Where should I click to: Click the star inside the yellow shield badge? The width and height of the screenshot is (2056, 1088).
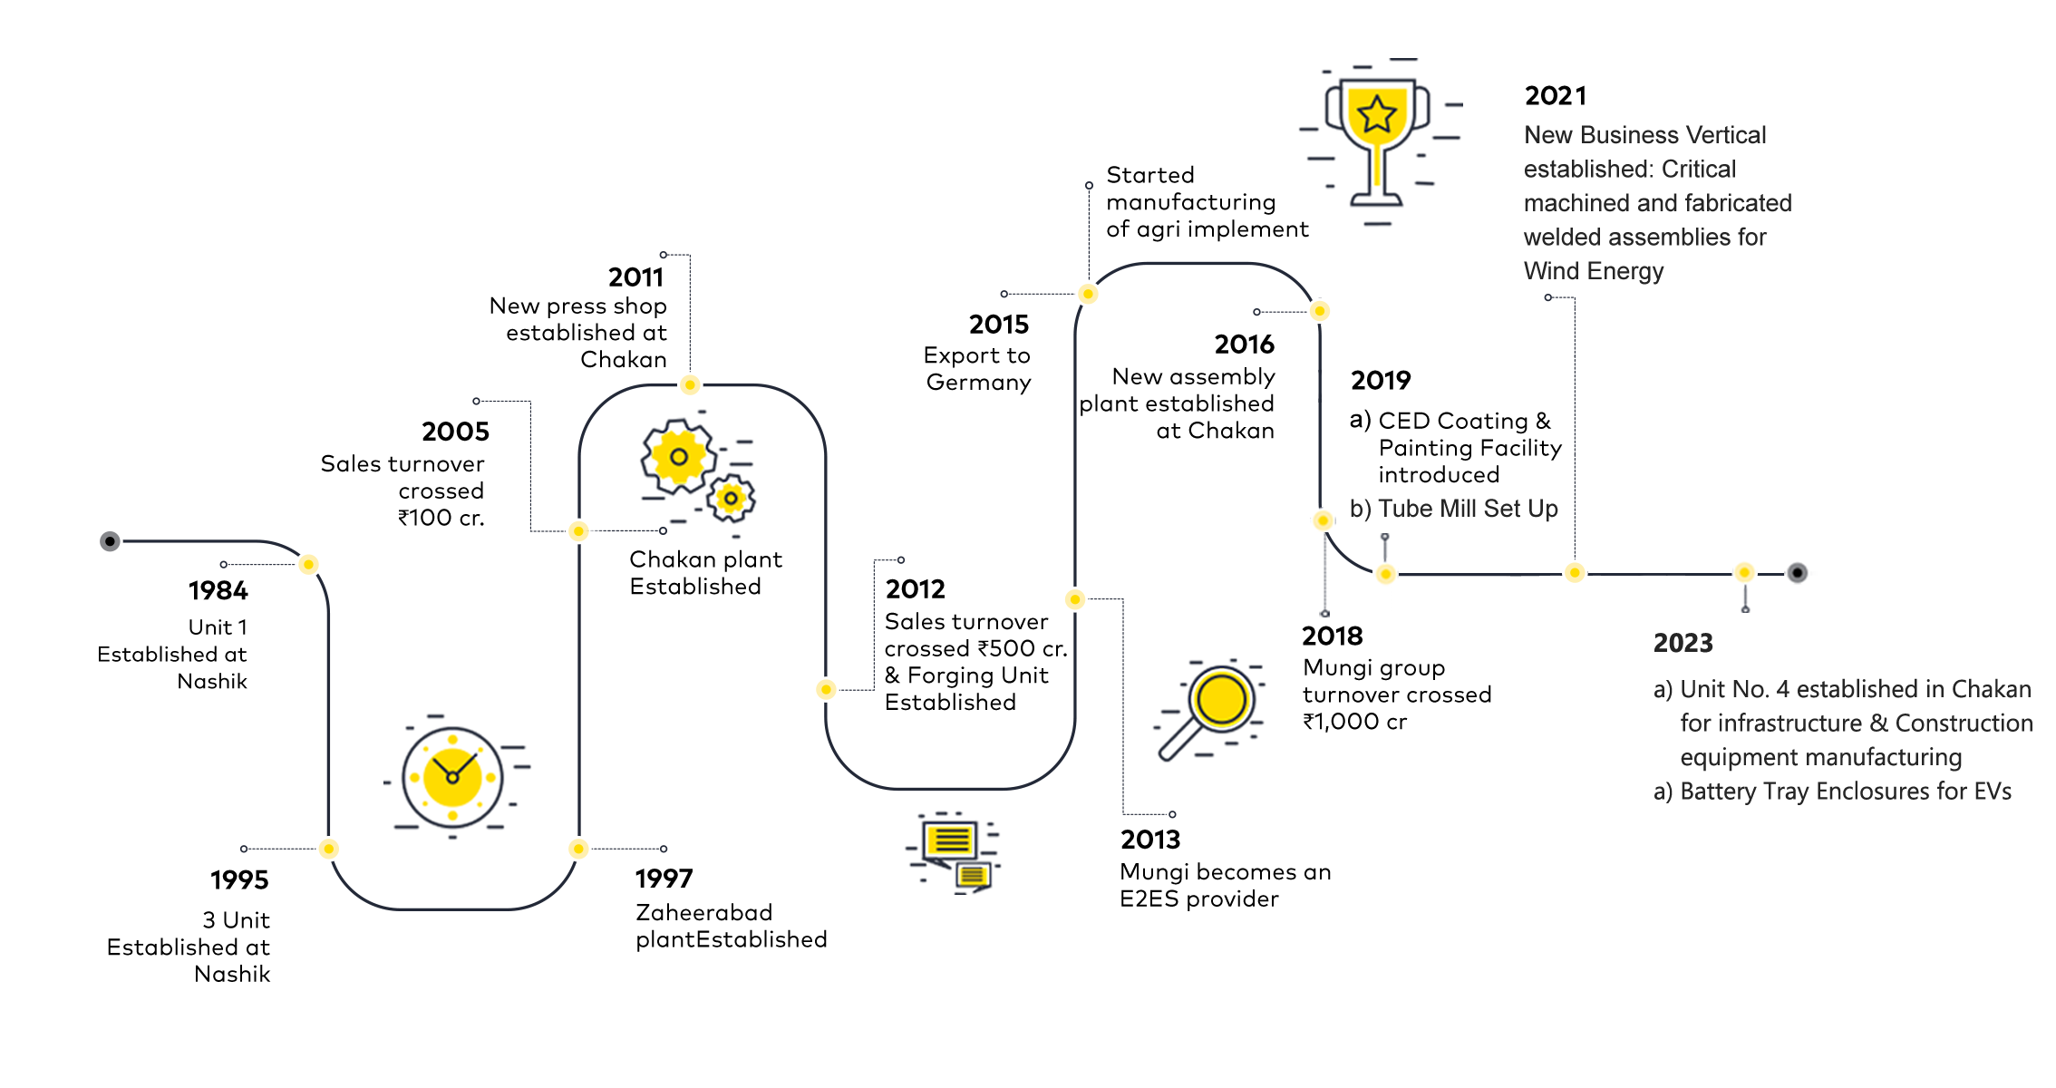[x=1377, y=114]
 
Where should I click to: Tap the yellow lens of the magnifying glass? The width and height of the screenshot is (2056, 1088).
[x=1221, y=699]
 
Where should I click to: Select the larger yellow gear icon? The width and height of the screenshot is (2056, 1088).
[x=678, y=456]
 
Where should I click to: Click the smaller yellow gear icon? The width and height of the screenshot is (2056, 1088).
[x=731, y=498]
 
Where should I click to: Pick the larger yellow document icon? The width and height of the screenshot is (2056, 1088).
[x=949, y=840]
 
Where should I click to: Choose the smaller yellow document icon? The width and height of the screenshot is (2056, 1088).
[x=973, y=875]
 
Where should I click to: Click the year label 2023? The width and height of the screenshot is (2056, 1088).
[x=1683, y=644]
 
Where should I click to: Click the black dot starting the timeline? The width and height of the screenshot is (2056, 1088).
[x=111, y=541]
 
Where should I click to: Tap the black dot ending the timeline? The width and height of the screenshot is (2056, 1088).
[x=1797, y=573]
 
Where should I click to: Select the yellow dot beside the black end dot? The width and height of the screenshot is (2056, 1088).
[x=1744, y=573]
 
